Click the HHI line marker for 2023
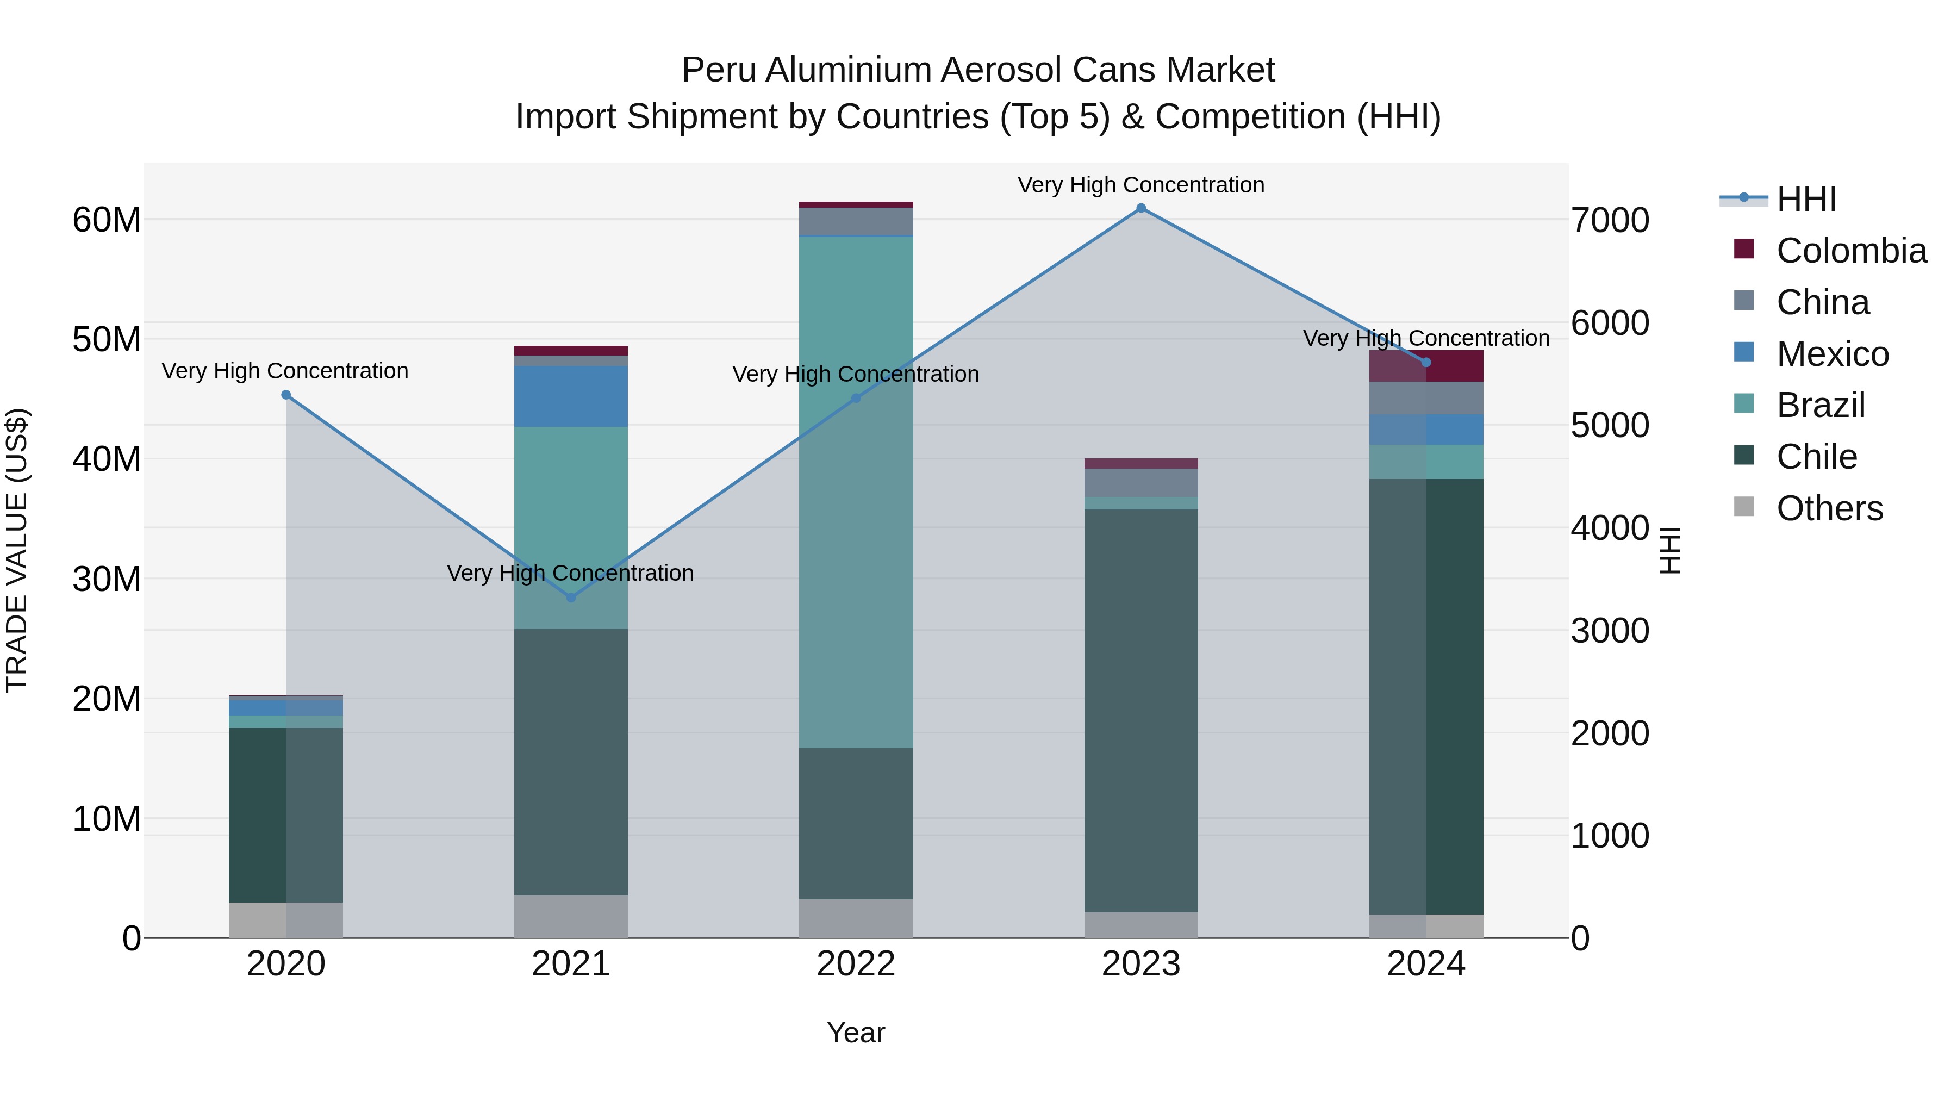coord(1140,208)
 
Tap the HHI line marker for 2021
coord(571,598)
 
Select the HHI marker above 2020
coord(285,395)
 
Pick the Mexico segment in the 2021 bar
coord(571,397)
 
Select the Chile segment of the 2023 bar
coord(1140,711)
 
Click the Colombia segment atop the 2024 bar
coord(1425,366)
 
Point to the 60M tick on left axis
coord(107,220)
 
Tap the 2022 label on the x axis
coord(856,964)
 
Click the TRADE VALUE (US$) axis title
coord(17,550)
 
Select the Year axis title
coord(856,1032)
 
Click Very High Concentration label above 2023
coord(1140,185)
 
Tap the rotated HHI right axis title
coord(1669,550)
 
